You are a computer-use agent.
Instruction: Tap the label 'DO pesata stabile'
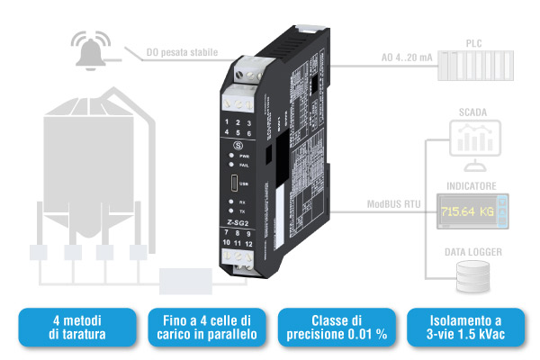182,53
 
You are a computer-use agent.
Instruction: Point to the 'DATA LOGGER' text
473,252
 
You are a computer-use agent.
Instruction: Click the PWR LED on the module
230,157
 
